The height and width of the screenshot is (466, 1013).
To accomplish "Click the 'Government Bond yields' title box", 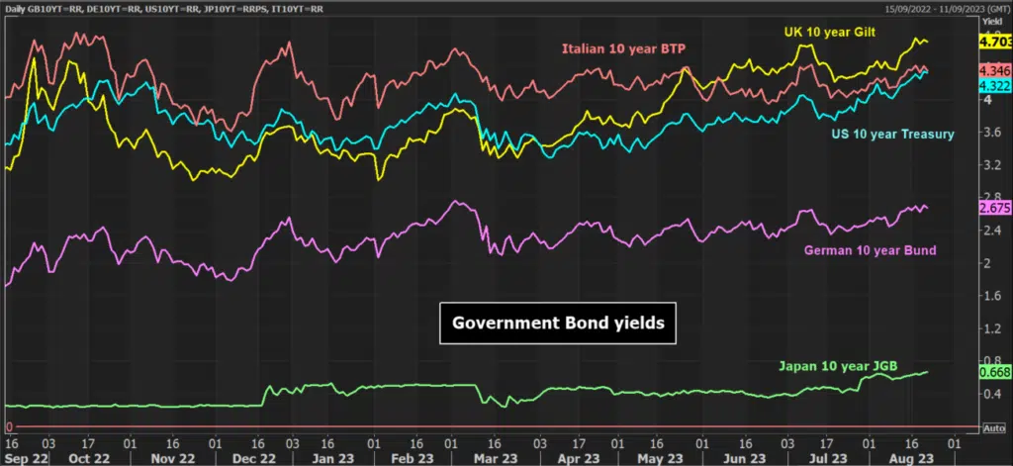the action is (x=558, y=323).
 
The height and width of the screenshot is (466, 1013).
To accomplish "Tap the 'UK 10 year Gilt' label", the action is (x=830, y=32).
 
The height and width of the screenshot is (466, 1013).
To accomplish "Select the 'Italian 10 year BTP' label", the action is (x=623, y=48).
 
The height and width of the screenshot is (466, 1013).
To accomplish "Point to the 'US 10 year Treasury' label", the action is (x=892, y=135).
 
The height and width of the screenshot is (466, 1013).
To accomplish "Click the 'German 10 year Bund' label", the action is (x=870, y=250).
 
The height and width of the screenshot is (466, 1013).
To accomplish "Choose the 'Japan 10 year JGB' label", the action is (x=838, y=366).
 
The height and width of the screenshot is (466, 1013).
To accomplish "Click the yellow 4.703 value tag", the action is (x=995, y=42).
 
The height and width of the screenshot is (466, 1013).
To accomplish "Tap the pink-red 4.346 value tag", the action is (x=995, y=70).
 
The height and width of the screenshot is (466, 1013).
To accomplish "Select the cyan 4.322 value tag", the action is (x=995, y=86).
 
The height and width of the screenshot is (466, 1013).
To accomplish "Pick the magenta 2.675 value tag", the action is (x=995, y=208).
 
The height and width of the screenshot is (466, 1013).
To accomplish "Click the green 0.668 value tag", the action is (x=995, y=372).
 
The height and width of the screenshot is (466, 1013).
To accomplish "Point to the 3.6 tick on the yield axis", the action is (x=989, y=133).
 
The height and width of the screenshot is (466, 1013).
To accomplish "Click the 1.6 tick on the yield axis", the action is (x=989, y=296).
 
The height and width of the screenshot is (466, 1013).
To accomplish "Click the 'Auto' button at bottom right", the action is (x=994, y=428).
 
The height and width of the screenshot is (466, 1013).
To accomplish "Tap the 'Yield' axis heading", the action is (x=990, y=21).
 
